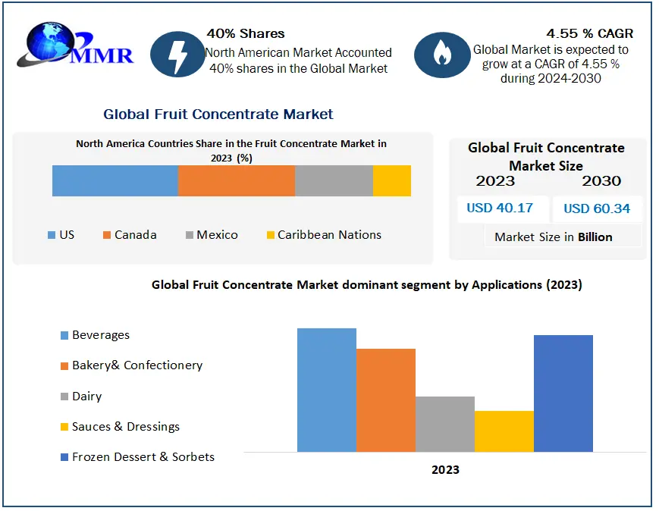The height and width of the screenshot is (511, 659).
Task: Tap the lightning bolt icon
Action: tap(177, 53)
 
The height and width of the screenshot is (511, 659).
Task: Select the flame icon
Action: tap(441, 53)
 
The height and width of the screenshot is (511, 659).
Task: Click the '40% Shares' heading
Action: tap(246, 33)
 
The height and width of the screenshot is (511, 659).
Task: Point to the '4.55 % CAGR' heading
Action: tap(589, 33)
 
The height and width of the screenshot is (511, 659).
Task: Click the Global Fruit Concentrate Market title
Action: tap(218, 114)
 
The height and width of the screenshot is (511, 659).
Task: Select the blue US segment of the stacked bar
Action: tap(115, 180)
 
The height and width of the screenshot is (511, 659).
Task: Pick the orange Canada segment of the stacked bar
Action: tap(236, 180)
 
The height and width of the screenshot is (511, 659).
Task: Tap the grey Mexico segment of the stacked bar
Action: tap(334, 180)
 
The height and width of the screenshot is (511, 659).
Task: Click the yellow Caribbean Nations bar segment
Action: tap(392, 180)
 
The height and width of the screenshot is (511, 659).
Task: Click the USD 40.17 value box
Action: tap(501, 208)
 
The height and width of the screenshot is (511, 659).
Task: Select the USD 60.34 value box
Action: tap(597, 208)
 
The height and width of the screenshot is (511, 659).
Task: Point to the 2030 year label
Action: tap(601, 180)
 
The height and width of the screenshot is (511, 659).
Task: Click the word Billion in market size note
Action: tap(595, 237)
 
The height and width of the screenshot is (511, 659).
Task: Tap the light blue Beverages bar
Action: tap(326, 390)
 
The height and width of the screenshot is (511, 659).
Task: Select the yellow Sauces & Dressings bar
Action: tap(504, 431)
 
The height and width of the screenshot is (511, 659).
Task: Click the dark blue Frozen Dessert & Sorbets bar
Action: tap(563, 393)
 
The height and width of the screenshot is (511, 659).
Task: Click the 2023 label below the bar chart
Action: tap(445, 470)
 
